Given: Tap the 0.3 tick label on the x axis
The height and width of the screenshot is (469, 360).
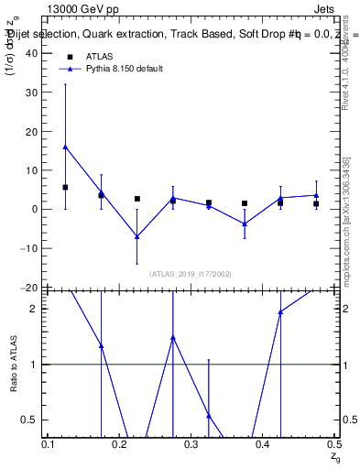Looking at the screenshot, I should (x=191, y=444).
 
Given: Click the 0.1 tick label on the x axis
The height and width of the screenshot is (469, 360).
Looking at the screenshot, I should (x=49, y=444).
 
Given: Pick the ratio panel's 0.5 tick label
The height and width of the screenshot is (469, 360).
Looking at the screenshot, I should (x=30, y=420).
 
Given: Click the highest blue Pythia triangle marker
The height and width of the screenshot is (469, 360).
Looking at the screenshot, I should (x=65, y=147).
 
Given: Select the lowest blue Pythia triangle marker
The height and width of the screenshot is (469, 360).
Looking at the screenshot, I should (x=136, y=236).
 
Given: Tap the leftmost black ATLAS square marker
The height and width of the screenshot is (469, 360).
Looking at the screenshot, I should (x=65, y=187).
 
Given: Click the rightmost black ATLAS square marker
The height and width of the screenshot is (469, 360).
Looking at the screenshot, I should (x=316, y=203).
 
